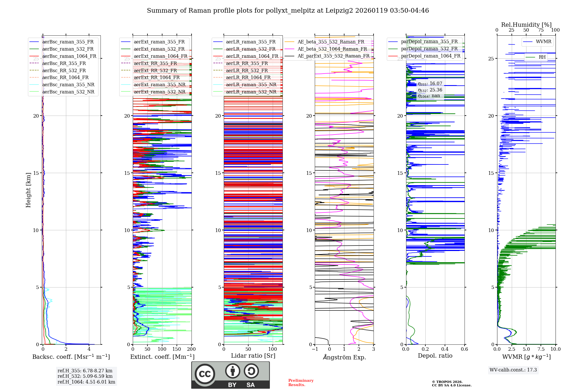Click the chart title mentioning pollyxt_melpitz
[x=288, y=11]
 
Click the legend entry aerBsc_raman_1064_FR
[x=69, y=56]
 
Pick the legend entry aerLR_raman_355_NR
[x=251, y=85]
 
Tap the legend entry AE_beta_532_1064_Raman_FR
[x=332, y=49]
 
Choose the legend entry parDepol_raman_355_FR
[x=429, y=42]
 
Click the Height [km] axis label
[x=28, y=190]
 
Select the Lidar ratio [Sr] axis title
[x=253, y=356]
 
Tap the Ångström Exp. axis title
[x=344, y=357]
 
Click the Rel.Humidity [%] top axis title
[x=526, y=25]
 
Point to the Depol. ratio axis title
[x=435, y=356]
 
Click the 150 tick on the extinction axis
[x=177, y=349]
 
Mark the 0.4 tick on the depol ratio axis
[x=445, y=349]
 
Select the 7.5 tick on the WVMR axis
[x=541, y=349]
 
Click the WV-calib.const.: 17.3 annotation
[x=513, y=370]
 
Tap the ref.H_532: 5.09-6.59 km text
[x=85, y=376]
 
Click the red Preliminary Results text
[x=301, y=383]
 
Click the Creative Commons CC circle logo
[x=205, y=374]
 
